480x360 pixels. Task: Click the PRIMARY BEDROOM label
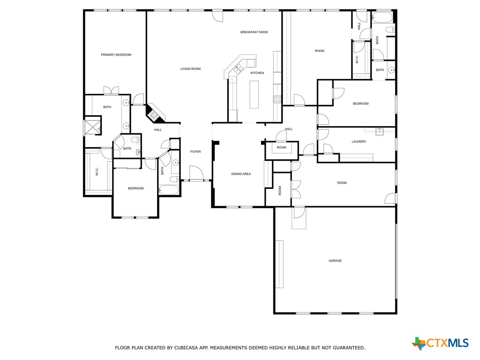pos(116,55)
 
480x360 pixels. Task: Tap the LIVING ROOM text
pos(190,69)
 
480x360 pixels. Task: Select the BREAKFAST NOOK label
pos(254,32)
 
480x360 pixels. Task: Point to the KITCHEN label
pos(257,73)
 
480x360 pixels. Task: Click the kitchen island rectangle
pos(254,94)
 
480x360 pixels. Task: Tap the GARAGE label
pos(335,261)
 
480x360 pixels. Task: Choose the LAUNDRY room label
pos(359,142)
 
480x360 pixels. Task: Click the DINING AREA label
pos(241,174)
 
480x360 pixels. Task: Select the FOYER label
pos(195,151)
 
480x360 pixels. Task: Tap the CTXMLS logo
pos(440,343)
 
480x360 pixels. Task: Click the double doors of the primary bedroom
pos(111,91)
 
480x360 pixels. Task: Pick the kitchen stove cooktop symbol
pos(277,99)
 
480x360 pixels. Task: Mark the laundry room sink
pos(380,131)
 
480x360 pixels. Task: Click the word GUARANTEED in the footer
pos(347,348)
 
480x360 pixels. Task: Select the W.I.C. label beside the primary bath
pos(97,172)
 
